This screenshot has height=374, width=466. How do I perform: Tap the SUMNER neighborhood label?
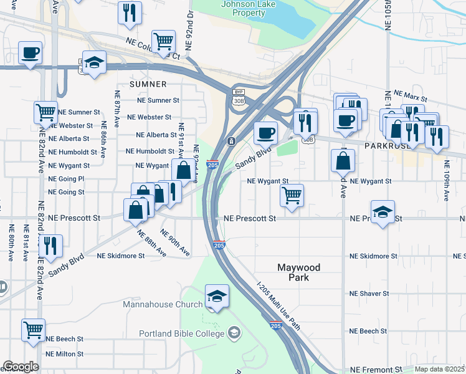(x=148, y=84)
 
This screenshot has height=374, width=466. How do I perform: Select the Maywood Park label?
(x=298, y=272)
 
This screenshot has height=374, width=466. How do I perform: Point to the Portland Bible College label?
(x=181, y=333)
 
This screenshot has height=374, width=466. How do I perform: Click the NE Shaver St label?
(x=369, y=293)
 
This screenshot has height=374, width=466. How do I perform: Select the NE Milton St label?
(x=65, y=353)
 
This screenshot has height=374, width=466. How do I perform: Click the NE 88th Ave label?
(x=151, y=244)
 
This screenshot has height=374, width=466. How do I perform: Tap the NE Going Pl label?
(x=66, y=179)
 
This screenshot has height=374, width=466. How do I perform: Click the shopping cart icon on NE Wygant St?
(x=292, y=195)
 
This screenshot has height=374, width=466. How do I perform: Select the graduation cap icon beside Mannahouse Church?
(x=217, y=296)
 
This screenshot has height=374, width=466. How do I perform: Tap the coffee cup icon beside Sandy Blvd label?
(x=265, y=133)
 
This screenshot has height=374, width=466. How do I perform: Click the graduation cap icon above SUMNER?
(x=94, y=62)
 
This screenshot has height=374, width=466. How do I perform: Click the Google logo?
(x=20, y=367)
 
